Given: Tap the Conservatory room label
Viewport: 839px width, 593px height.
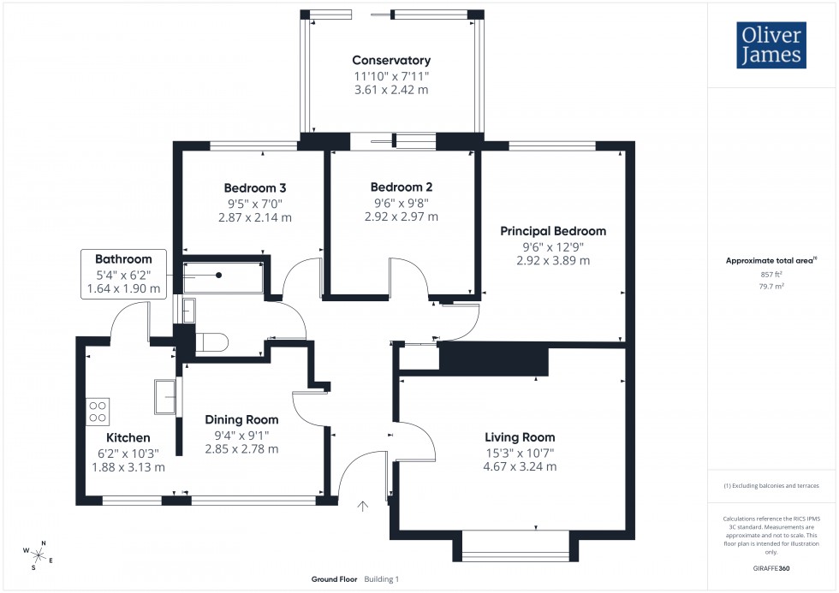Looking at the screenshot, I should pyautogui.click(x=391, y=61).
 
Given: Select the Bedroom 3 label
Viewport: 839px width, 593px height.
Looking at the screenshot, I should pyautogui.click(x=255, y=188).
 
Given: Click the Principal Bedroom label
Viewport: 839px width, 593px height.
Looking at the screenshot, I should pyautogui.click(x=553, y=231).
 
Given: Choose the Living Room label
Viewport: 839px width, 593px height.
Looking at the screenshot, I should pyautogui.click(x=520, y=436).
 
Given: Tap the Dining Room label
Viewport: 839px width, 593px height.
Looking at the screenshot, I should pyautogui.click(x=241, y=419).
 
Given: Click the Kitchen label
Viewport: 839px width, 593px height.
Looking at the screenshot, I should pyautogui.click(x=128, y=437).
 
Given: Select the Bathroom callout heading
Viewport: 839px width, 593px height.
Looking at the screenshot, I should pyautogui.click(x=123, y=259).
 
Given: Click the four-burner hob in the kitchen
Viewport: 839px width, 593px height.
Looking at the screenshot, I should pyautogui.click(x=98, y=412).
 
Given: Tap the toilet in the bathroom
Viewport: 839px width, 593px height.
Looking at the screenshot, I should pyautogui.click(x=211, y=343).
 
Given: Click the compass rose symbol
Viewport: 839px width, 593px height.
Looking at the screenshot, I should pyautogui.click(x=39, y=554).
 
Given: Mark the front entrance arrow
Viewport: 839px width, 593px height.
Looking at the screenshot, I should pyautogui.click(x=362, y=507).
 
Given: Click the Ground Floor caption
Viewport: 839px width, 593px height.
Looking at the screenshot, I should pyautogui.click(x=334, y=579).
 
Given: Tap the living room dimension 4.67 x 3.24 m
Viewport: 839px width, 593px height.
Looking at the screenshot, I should pyautogui.click(x=520, y=466).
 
